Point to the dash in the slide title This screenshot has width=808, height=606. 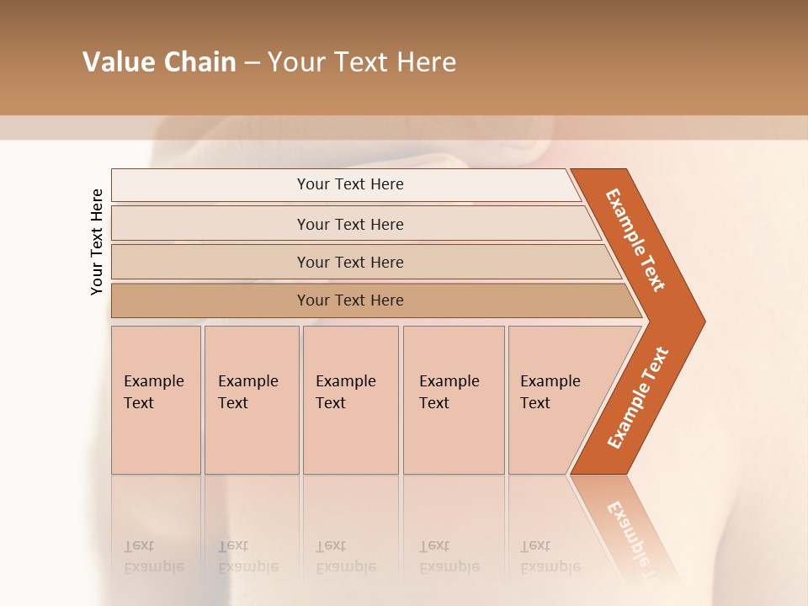coord(252,63)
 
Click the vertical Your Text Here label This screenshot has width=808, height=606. coord(97,242)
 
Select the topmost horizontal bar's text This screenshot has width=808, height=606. coord(350,184)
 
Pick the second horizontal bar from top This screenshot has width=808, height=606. coord(350,224)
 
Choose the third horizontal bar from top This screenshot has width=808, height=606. coord(350,262)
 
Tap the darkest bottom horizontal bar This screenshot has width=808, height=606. coord(350,300)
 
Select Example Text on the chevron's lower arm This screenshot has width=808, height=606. coord(638,398)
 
